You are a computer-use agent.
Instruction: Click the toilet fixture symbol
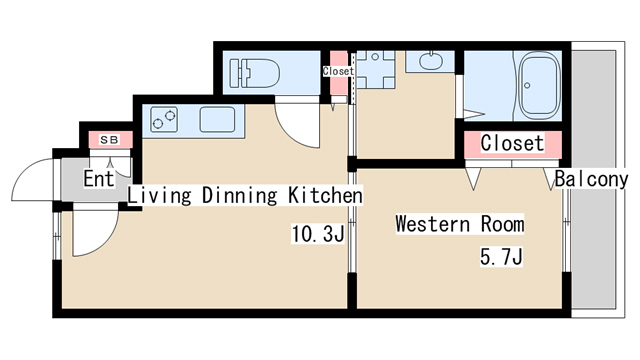click(x=255, y=73)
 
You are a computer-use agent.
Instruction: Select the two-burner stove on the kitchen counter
click(x=164, y=119)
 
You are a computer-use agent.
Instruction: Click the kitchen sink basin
click(x=217, y=120)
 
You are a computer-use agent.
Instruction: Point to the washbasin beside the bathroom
click(x=431, y=61)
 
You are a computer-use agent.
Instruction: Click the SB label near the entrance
click(x=109, y=140)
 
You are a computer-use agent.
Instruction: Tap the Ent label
click(x=98, y=179)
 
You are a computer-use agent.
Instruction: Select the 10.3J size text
click(x=318, y=234)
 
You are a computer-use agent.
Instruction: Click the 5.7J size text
click(x=501, y=257)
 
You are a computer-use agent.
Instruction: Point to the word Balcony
click(x=591, y=179)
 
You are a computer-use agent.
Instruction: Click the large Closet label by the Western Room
click(x=512, y=143)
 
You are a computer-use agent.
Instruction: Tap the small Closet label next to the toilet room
click(x=338, y=71)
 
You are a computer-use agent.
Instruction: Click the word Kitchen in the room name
click(x=325, y=195)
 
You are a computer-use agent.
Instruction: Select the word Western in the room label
click(x=432, y=224)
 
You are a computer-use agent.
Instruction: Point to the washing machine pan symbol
click(x=376, y=69)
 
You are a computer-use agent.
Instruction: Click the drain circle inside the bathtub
click(x=527, y=86)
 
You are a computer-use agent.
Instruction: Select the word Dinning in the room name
click(x=240, y=196)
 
